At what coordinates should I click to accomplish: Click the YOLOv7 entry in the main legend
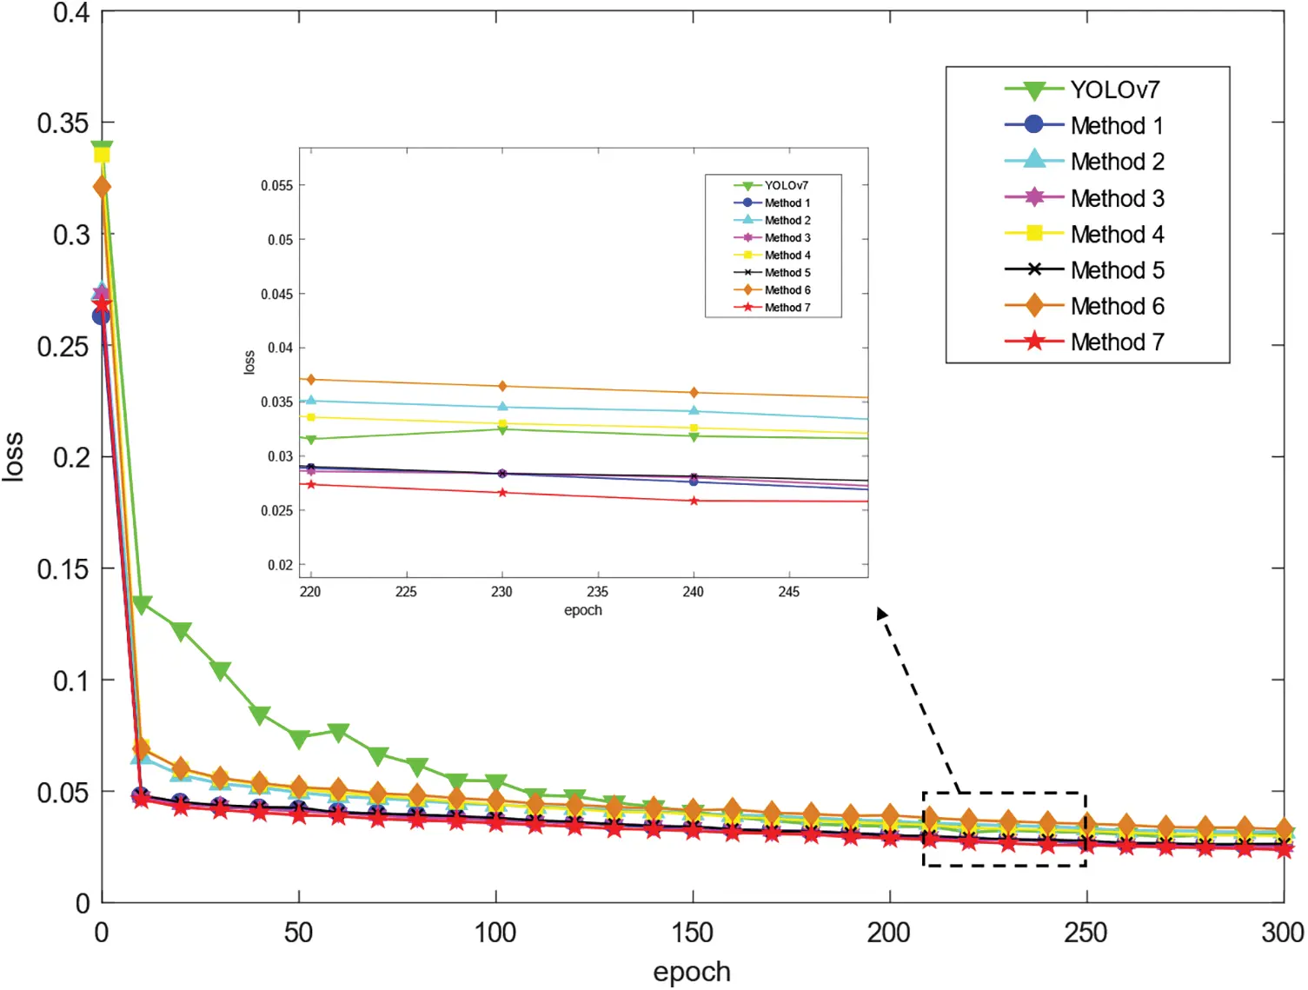[1114, 90]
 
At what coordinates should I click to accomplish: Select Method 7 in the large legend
[1117, 342]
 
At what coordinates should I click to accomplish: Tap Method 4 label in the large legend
[1117, 235]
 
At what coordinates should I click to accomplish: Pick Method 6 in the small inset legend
[787, 290]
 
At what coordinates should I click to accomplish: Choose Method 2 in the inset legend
[787, 221]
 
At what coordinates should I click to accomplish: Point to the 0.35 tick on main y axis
[63, 123]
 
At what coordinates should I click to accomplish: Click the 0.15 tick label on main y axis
[63, 569]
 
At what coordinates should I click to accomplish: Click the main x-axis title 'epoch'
[692, 972]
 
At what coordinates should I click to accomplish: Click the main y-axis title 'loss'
[14, 456]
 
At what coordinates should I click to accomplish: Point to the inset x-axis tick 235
[597, 592]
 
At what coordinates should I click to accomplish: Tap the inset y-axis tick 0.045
[277, 294]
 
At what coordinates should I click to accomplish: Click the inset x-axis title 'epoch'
[582, 610]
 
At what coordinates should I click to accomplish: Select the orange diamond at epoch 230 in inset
[502, 386]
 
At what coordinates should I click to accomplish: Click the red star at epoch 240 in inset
[694, 502]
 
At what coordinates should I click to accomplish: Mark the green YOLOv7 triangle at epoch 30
[220, 671]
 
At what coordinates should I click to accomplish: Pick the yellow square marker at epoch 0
[102, 156]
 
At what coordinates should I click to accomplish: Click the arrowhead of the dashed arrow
[881, 614]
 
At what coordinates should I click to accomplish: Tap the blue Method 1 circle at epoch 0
[102, 316]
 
